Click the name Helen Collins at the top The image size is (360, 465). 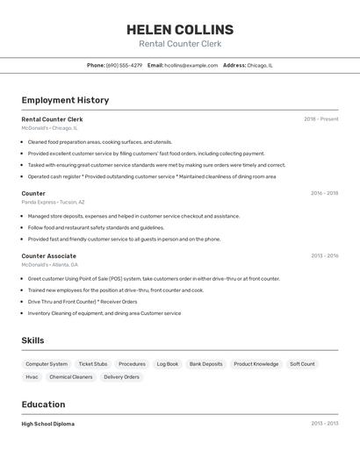180,30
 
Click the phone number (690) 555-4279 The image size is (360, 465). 124,65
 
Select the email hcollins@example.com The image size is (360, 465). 191,65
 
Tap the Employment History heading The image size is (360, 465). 65,100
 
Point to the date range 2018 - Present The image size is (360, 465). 320,119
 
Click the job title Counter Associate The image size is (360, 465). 49,256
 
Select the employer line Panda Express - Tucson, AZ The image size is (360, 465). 54,202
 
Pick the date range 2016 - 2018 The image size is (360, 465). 324,193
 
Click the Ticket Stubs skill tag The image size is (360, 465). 93,363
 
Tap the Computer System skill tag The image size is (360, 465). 47,363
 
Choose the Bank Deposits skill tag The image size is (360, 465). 206,363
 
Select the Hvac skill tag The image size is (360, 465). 32,376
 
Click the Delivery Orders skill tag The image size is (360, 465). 121,376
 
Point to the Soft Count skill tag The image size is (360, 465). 302,363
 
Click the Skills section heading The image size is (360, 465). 32,340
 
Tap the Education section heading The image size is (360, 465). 43,404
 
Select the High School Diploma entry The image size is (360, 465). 48,424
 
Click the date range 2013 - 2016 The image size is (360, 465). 324,256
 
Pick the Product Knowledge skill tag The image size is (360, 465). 256,363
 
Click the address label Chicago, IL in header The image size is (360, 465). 260,65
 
